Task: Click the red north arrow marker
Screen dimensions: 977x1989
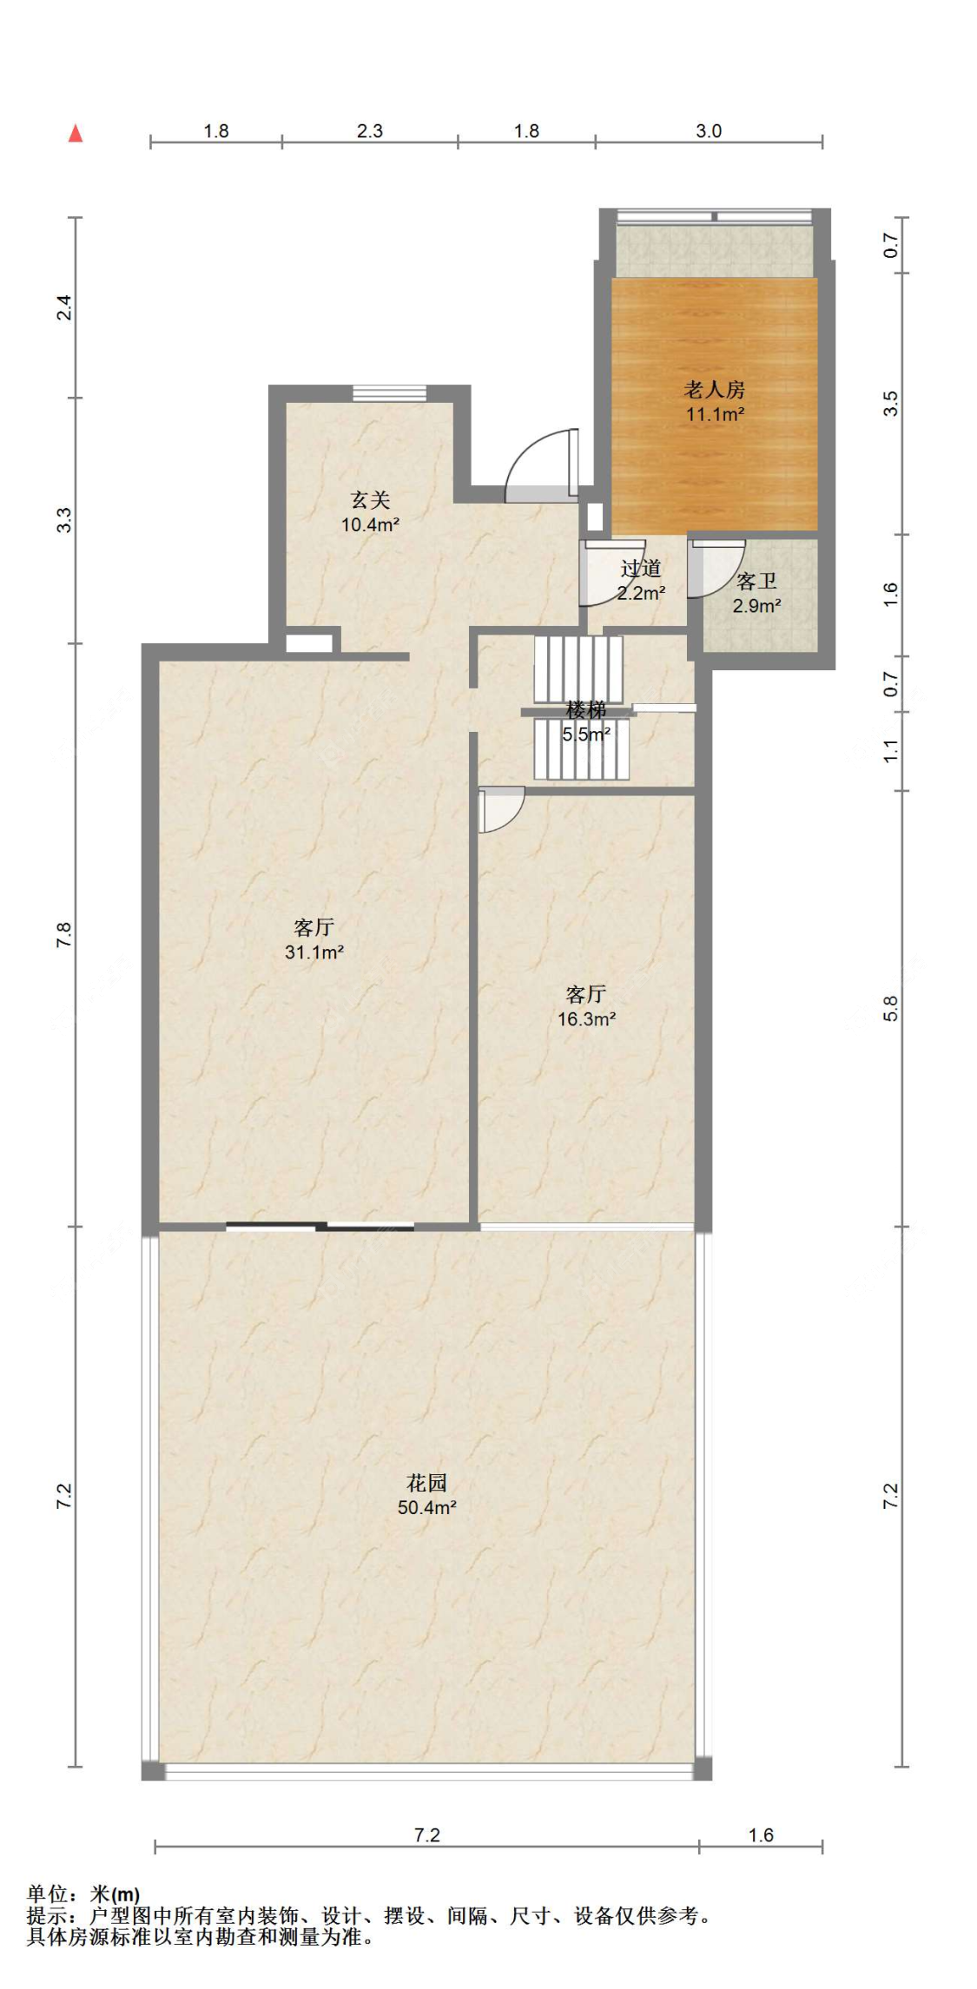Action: coord(76,133)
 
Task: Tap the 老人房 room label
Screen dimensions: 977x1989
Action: coord(714,390)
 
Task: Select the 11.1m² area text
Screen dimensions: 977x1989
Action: coord(715,414)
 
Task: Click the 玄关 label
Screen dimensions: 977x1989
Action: coord(370,500)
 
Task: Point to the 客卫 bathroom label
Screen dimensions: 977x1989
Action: coord(756,582)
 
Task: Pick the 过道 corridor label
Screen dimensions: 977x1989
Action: coord(641,569)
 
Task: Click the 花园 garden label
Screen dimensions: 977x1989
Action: coord(427,1483)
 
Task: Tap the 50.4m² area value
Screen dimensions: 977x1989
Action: coord(427,1507)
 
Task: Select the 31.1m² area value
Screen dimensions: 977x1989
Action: coord(314,952)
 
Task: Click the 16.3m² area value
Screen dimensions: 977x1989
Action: coord(587,1019)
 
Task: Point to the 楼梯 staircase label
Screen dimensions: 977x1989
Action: coord(586,710)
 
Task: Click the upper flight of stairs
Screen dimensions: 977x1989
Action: coord(578,669)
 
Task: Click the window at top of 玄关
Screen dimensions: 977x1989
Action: coord(390,393)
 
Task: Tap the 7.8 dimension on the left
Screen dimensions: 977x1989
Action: coord(64,934)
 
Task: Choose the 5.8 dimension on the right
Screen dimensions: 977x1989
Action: coord(891,1008)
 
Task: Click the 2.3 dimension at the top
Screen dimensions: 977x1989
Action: coord(370,131)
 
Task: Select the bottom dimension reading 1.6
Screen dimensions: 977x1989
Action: coord(761,1834)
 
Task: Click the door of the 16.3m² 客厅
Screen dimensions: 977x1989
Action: coord(501,810)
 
